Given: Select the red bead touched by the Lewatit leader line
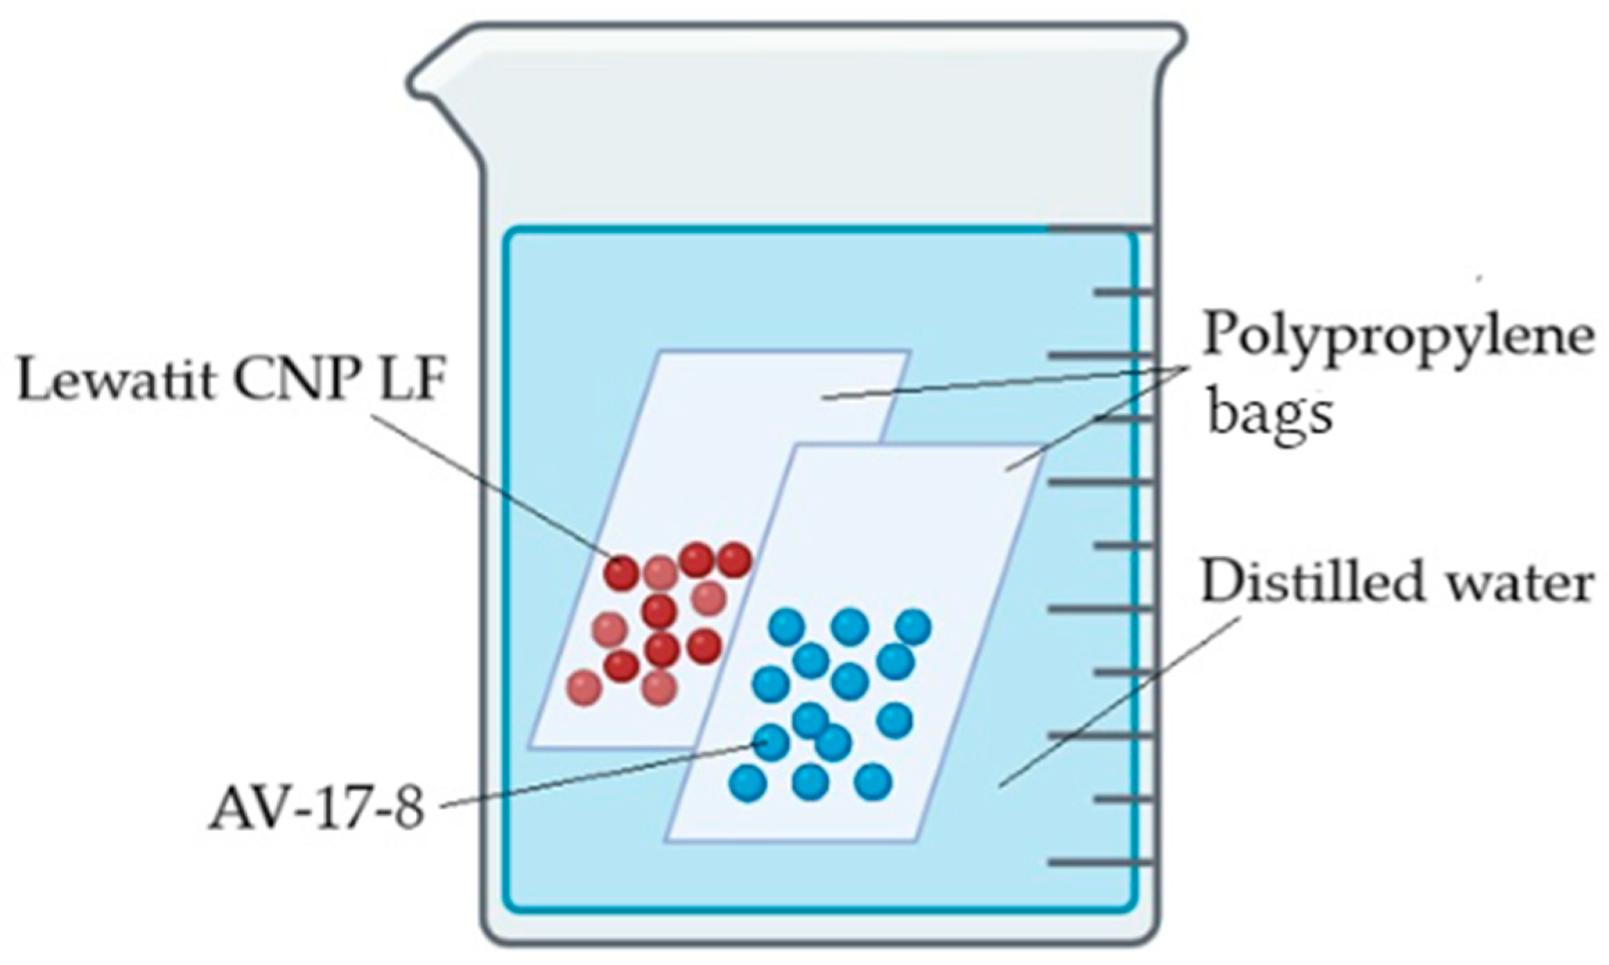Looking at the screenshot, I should point(620,573).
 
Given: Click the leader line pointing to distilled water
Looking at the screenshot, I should point(1116,701).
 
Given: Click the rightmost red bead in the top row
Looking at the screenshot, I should point(734,560).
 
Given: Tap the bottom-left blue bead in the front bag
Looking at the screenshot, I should point(747,783).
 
